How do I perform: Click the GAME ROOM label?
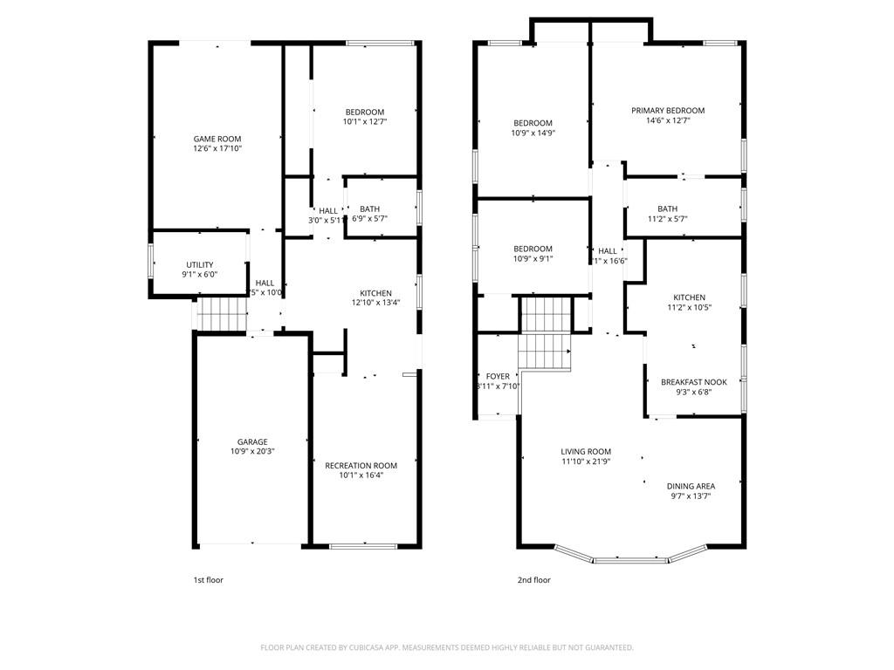[x=217, y=139]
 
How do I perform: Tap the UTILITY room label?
[x=200, y=265]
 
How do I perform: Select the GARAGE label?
[x=252, y=441]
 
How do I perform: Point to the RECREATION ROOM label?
[x=361, y=466]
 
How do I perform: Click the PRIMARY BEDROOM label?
[x=668, y=111]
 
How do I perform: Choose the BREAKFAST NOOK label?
[x=693, y=382]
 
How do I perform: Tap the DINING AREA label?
[x=691, y=486]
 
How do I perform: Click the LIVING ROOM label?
[x=586, y=452]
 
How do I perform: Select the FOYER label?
[x=498, y=377]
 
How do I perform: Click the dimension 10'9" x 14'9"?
[x=533, y=133]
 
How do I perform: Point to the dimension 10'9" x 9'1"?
[x=533, y=259]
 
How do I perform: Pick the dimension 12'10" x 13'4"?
[x=375, y=304]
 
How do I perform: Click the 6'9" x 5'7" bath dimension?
[x=370, y=219]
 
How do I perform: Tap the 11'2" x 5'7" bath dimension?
[x=667, y=219]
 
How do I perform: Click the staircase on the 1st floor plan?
[x=219, y=314]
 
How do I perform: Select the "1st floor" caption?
[x=208, y=579]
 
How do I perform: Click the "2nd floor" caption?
[x=534, y=579]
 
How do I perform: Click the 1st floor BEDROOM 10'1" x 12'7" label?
[x=364, y=117]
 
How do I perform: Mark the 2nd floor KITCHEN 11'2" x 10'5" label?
[x=689, y=303]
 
